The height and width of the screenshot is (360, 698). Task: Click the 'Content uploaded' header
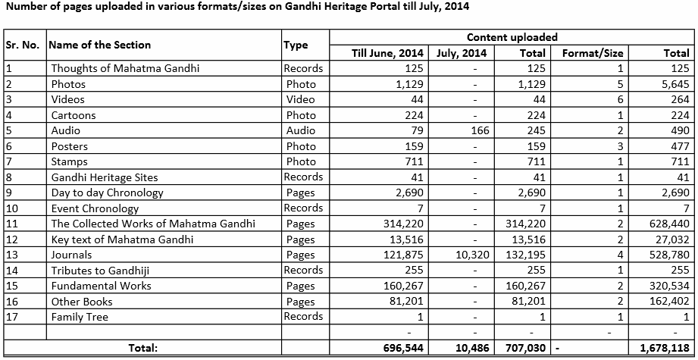(512, 36)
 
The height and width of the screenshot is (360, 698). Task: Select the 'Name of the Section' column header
(99, 45)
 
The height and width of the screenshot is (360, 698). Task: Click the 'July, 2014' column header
(462, 53)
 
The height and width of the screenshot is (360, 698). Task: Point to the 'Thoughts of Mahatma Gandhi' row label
(125, 68)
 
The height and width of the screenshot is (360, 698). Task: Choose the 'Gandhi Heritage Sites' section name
(105, 177)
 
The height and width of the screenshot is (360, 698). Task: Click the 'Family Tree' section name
(80, 317)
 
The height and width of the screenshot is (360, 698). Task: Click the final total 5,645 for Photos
(675, 84)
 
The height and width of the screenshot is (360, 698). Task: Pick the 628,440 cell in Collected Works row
(667, 224)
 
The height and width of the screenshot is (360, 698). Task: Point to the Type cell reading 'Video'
(302, 99)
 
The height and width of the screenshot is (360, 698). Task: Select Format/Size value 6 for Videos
(619, 99)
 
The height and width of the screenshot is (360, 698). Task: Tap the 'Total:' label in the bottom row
(142, 348)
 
